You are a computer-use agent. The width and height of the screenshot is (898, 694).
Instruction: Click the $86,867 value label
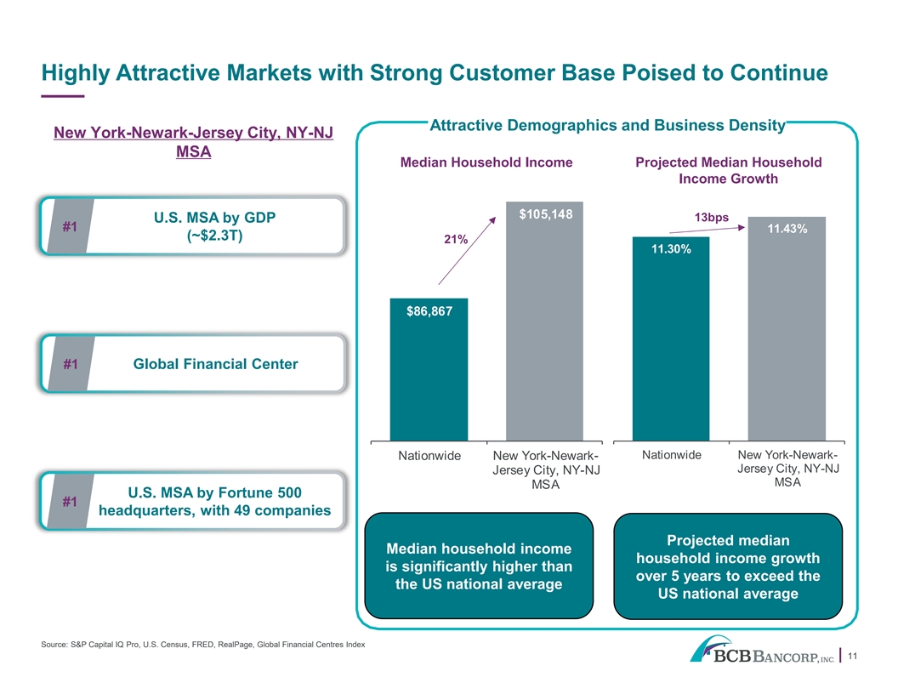tap(429, 311)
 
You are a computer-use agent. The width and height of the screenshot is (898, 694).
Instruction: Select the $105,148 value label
tap(545, 214)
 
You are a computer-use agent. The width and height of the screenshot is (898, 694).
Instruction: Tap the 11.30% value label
tap(671, 249)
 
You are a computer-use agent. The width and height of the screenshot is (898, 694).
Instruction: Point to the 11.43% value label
tap(787, 229)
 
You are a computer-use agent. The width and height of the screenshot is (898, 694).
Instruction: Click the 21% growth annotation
tap(456, 239)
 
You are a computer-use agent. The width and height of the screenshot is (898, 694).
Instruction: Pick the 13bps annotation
tap(711, 218)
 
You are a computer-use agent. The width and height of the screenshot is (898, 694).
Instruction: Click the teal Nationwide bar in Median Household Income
tap(429, 369)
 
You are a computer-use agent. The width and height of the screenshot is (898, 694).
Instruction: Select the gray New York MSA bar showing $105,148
tap(544, 321)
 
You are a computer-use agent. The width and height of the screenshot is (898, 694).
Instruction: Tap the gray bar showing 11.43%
tap(787, 328)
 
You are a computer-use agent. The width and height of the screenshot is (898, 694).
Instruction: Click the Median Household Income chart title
tap(486, 162)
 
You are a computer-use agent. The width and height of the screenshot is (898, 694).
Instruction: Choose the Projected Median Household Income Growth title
tap(729, 171)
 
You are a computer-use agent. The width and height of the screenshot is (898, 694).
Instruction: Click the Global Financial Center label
tap(215, 364)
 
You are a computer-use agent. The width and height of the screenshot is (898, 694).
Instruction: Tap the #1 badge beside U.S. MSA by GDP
tap(70, 227)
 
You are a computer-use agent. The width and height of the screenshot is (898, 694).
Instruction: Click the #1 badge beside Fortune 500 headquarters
tap(70, 502)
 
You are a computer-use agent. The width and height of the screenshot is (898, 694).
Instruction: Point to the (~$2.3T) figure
tap(215, 236)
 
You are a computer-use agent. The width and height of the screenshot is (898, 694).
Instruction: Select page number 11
tap(852, 657)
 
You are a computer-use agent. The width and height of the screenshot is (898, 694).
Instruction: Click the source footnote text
tap(202, 645)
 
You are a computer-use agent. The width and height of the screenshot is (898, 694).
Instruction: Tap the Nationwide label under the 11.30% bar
tap(671, 455)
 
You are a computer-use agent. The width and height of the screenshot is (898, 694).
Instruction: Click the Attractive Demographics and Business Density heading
tap(608, 125)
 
